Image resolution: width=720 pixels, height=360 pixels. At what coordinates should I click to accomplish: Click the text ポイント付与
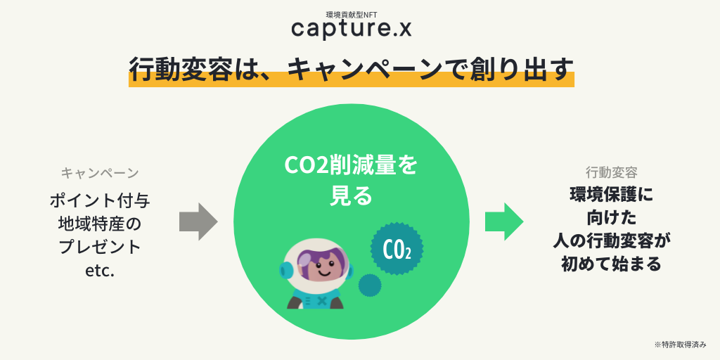(x=99, y=200)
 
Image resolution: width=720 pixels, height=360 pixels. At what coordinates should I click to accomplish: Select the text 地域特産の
(x=99, y=224)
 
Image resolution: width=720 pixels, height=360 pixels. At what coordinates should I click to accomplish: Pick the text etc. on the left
(x=99, y=271)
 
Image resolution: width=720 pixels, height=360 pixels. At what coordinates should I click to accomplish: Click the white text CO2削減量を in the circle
(x=350, y=166)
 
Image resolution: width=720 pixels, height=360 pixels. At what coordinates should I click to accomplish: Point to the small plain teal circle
(x=369, y=285)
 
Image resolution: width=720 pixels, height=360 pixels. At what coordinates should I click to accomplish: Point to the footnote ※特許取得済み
(x=680, y=345)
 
